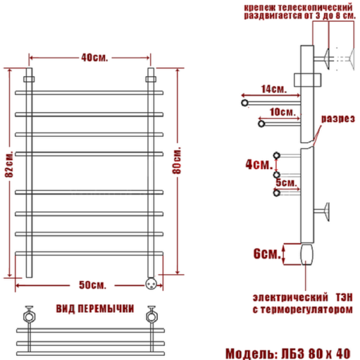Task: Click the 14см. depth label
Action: [273, 89]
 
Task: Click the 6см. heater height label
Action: [266, 254]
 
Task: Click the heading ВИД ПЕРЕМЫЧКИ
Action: [95, 308]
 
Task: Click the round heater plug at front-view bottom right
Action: [151, 280]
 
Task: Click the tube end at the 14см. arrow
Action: [244, 103]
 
